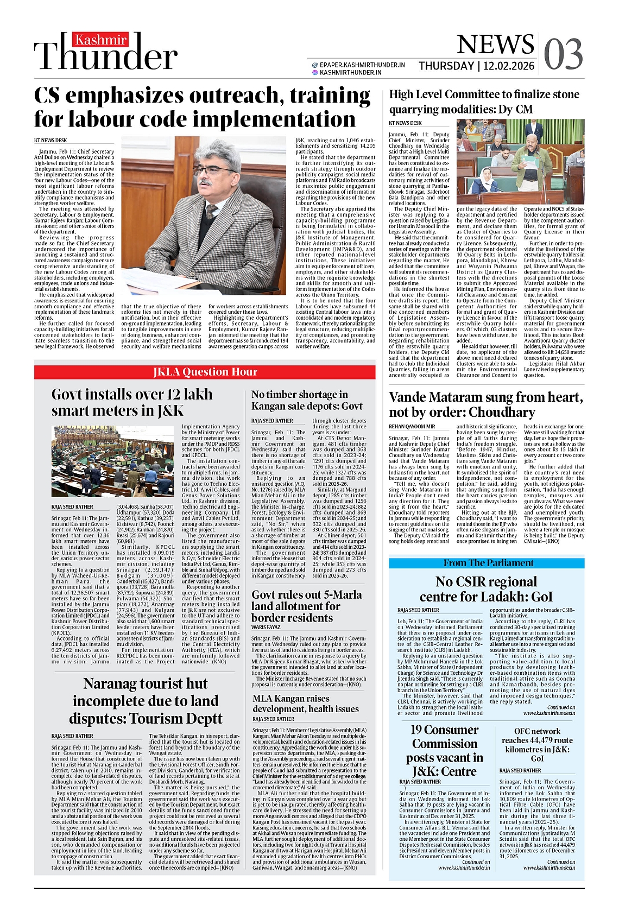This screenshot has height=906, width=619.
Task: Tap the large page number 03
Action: [x=563, y=55]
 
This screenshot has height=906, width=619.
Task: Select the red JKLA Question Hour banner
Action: [x=205, y=372]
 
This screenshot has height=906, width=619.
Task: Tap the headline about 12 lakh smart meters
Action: [x=132, y=402]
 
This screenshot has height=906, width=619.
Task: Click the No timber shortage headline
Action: [x=307, y=400]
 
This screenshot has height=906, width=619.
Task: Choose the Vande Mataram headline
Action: [x=485, y=404]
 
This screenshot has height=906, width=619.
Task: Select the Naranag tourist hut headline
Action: [x=146, y=701]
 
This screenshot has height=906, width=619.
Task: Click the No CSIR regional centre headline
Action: [x=486, y=589]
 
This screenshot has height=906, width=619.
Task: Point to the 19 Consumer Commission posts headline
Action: [x=444, y=750]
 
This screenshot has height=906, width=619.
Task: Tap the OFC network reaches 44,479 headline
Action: [x=537, y=744]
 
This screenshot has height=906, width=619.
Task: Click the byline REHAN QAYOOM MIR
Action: [x=412, y=427]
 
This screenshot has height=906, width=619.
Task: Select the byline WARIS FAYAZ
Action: [x=266, y=627]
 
